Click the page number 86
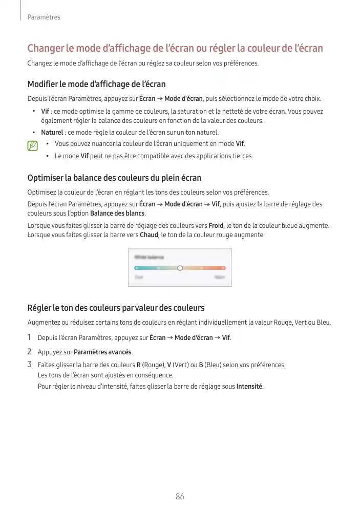point(180,497)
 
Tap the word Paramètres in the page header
point(44,17)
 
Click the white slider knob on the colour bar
point(180,268)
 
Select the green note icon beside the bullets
point(33,146)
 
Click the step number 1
point(30,337)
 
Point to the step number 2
point(30,351)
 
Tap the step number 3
point(30,365)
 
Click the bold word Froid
point(216,225)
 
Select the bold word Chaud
point(149,235)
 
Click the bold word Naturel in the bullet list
point(52,133)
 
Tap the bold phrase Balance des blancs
point(117,214)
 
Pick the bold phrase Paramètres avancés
point(102,352)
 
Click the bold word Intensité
point(249,386)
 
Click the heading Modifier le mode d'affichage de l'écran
point(96,84)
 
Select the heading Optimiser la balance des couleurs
point(114,178)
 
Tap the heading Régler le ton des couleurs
point(116,308)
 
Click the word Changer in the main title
point(46,49)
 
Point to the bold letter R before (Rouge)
point(139,365)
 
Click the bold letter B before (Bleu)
point(201,365)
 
